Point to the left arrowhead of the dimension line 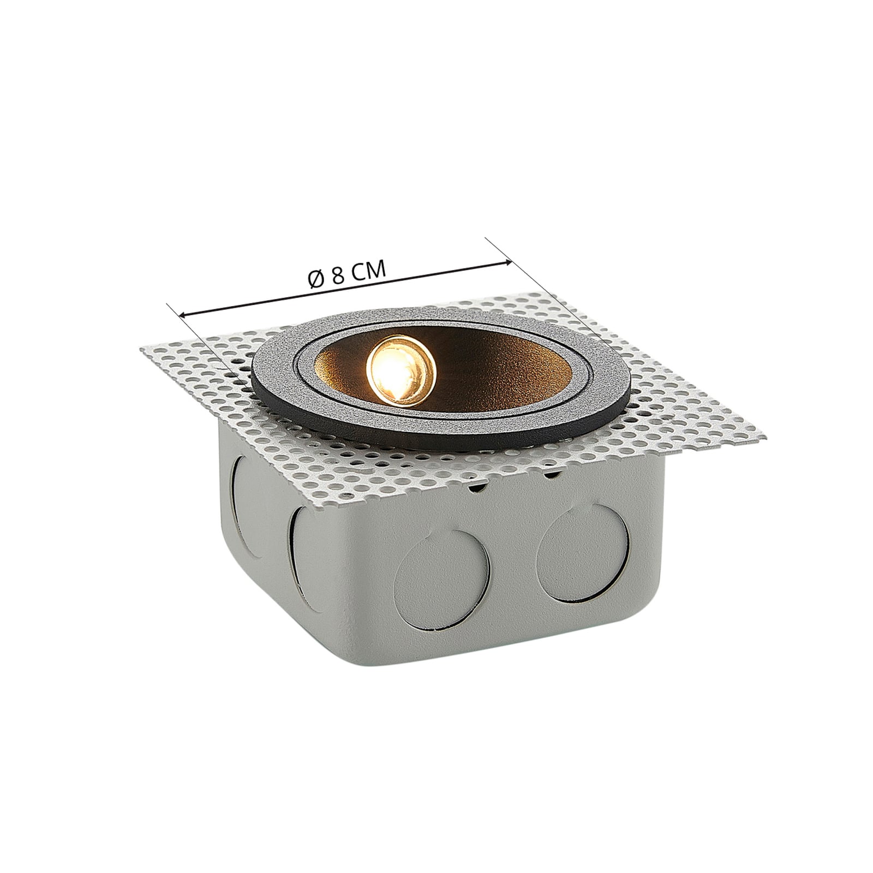(x=185, y=314)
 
